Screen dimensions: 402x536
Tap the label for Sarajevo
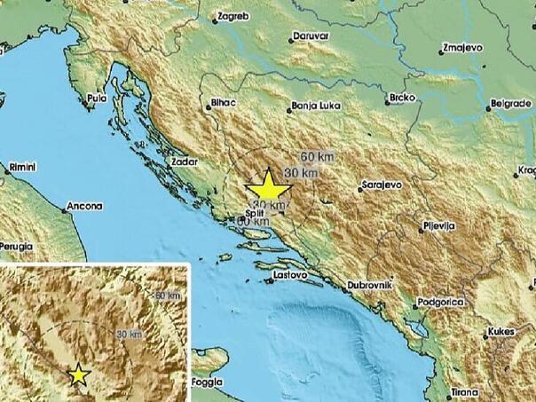point(382,185)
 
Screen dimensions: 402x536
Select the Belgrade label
point(510,103)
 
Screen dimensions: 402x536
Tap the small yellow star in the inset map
point(79,374)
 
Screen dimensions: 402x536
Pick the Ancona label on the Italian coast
point(85,206)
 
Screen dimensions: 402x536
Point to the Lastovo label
point(290,276)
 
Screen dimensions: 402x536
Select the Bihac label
point(223,104)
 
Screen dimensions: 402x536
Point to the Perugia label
point(17,244)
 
